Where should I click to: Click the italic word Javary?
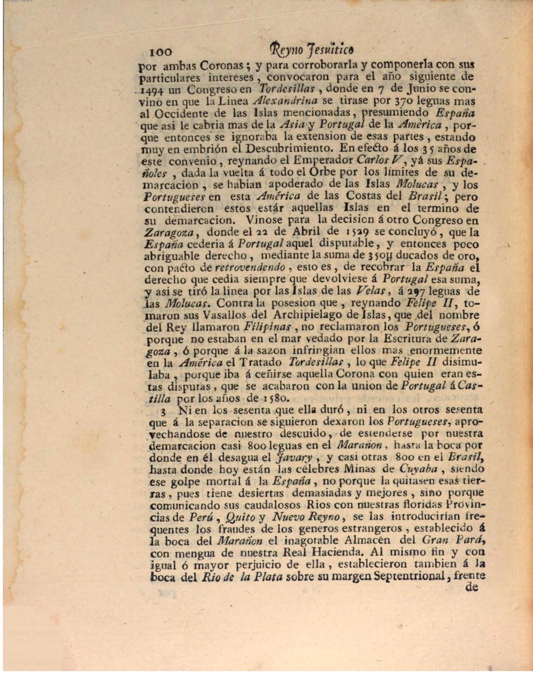click(295, 458)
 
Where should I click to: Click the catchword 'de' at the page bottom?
click(471, 588)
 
